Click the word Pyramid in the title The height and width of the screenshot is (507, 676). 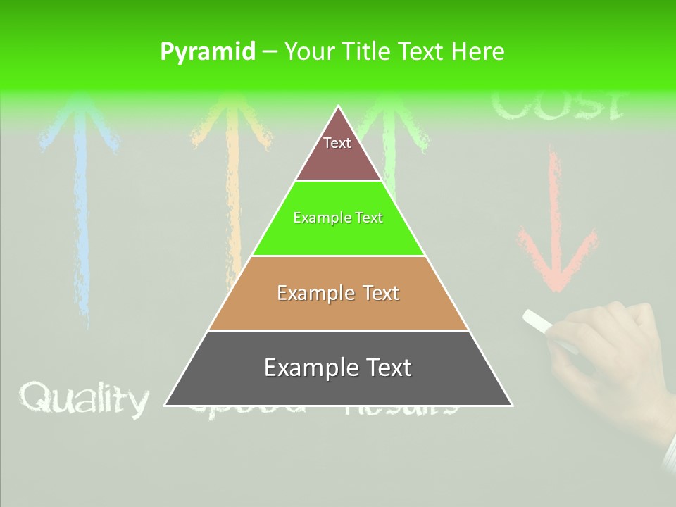[208, 52]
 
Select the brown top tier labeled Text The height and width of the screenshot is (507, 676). [337, 151]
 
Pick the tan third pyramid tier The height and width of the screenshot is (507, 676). [338, 293]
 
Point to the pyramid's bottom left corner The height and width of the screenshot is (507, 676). [166, 405]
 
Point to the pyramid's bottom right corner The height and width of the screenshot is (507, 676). [511, 405]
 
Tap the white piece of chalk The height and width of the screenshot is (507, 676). [539, 321]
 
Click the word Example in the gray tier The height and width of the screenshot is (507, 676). [308, 368]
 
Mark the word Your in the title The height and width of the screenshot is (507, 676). [308, 52]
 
